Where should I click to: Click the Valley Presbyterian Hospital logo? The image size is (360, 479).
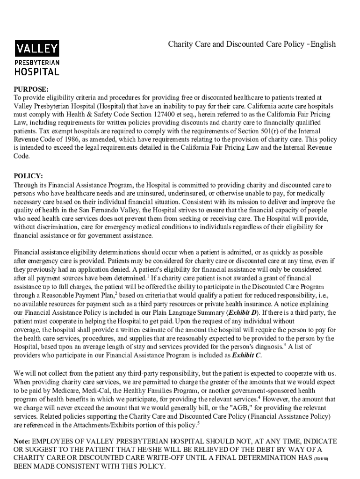click(x=37, y=58)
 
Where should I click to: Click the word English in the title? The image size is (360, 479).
click(x=323, y=44)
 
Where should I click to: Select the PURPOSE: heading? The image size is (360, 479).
click(x=31, y=89)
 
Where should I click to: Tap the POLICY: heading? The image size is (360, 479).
click(x=29, y=177)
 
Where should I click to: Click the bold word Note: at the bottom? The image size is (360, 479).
click(x=22, y=442)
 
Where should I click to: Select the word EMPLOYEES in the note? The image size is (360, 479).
click(x=53, y=442)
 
